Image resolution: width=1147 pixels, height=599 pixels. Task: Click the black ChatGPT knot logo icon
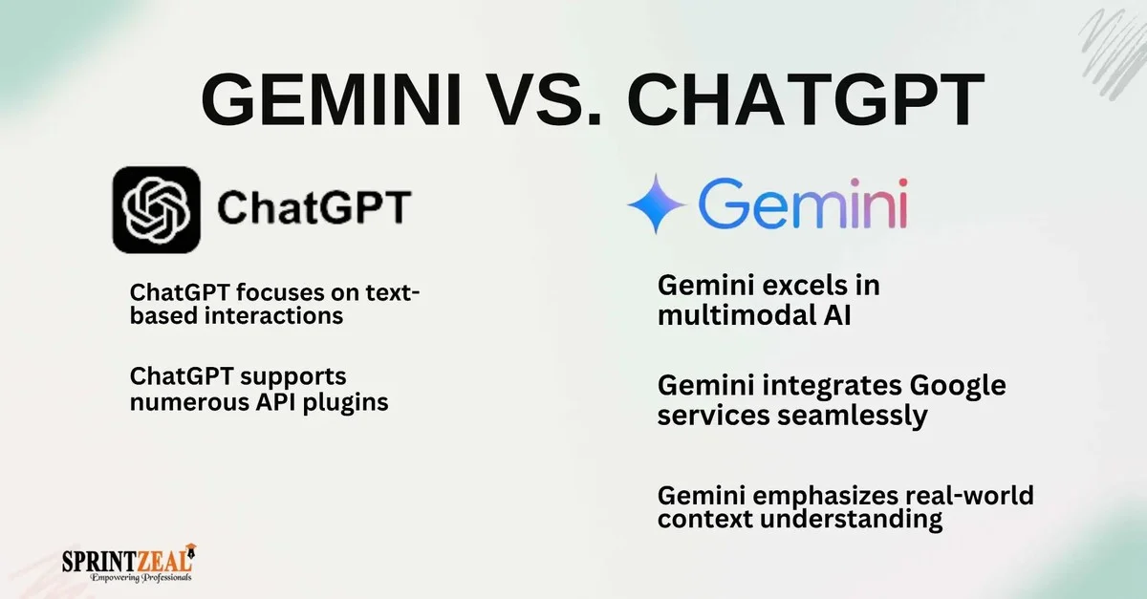tap(156, 209)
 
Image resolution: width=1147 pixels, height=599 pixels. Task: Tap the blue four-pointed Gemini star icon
tap(657, 203)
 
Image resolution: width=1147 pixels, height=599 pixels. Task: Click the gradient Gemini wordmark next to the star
tap(801, 203)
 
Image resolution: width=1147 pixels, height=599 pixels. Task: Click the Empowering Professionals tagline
tap(141, 578)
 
